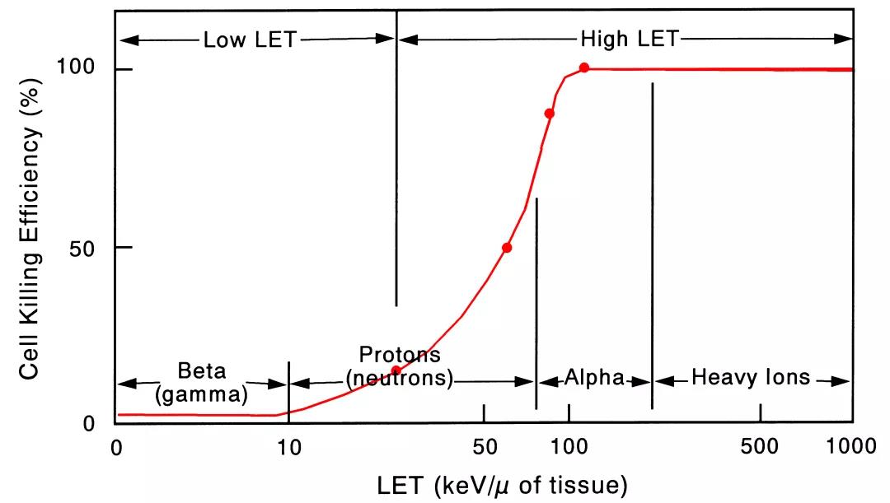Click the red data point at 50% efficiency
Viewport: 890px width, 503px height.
pyautogui.click(x=507, y=248)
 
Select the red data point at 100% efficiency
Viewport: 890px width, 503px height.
pyautogui.click(x=584, y=68)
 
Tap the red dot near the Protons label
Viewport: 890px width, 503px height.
pyautogui.click(x=396, y=370)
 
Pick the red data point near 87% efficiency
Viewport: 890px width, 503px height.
pyautogui.click(x=550, y=114)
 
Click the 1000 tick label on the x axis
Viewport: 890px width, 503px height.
pyautogui.click(x=851, y=447)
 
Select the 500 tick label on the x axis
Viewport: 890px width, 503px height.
pyautogui.click(x=760, y=447)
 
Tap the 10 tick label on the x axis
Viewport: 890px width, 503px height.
pyautogui.click(x=288, y=447)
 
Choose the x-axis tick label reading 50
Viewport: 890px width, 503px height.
pyautogui.click(x=484, y=447)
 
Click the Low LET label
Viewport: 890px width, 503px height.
pyautogui.click(x=250, y=40)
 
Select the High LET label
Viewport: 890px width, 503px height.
pyautogui.click(x=630, y=39)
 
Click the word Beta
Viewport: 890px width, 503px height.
pyautogui.click(x=202, y=371)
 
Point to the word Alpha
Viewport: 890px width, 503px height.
pyautogui.click(x=593, y=378)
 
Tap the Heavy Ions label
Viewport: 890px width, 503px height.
pyautogui.click(x=751, y=378)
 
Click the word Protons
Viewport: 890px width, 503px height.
pyautogui.click(x=400, y=355)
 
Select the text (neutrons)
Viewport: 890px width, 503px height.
pyautogui.click(x=400, y=379)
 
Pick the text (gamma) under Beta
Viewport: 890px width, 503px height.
pyautogui.click(x=202, y=394)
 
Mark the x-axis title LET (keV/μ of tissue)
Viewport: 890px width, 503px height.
pyautogui.click(x=502, y=486)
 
